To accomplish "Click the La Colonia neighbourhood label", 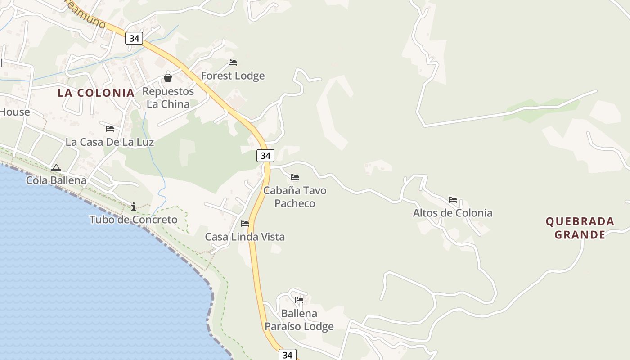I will coord(96,93).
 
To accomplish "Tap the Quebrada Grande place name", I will coord(580,228).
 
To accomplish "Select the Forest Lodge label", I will coord(233,76).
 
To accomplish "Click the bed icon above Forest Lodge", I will coord(233,63).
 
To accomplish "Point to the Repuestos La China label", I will coord(168,98).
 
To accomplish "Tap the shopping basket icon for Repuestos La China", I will coord(168,78).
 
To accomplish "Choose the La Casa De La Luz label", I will coord(110,142).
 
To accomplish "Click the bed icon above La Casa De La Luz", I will coord(110,129).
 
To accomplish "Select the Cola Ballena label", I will coord(56,180).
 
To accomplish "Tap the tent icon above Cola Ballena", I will coord(56,168).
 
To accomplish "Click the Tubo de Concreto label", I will coord(133,220).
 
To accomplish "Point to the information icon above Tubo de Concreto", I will coord(134,207).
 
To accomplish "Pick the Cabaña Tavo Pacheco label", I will coord(295,197).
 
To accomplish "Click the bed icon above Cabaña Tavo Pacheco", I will coord(295,177).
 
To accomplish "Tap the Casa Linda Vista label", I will coord(245,237).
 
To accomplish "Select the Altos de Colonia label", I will coord(453,213).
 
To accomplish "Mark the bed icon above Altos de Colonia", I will coord(453,200).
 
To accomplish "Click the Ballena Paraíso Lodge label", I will coord(299,319).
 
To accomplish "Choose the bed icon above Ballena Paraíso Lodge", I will coord(299,300).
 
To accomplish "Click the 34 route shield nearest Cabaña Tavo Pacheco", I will coord(265,156).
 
